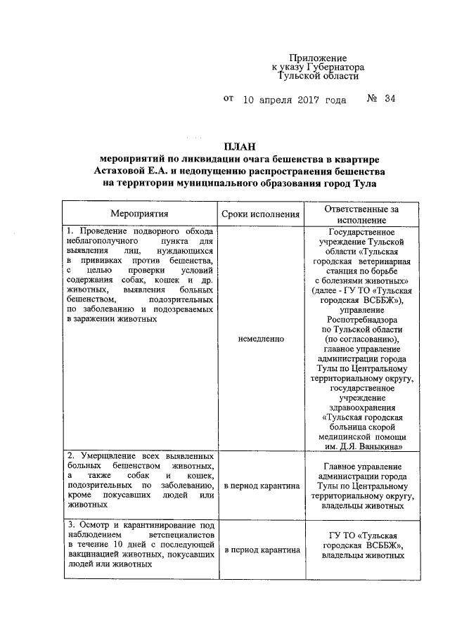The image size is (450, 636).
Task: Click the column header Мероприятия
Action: (139, 214)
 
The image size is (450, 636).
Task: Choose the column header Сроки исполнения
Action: (260, 214)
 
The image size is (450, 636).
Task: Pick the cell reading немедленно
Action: (261, 339)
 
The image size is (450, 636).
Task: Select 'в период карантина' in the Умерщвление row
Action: (261, 486)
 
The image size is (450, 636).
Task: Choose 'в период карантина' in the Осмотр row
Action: (261, 550)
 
